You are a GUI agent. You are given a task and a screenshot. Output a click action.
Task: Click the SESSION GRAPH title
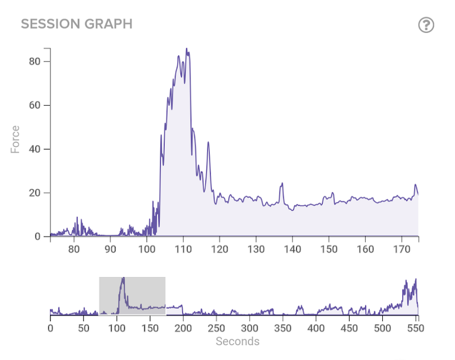tap(76, 24)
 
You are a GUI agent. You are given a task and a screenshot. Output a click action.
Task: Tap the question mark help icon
tap(426, 25)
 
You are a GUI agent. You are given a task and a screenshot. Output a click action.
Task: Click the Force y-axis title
tap(15, 139)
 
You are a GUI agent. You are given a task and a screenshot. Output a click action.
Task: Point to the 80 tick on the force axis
tap(36, 61)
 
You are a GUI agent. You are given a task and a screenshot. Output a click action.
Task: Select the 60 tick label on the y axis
tap(36, 105)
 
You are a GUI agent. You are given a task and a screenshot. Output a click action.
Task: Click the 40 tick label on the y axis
tap(36, 149)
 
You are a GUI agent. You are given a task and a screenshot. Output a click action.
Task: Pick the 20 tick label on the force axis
tap(36, 193)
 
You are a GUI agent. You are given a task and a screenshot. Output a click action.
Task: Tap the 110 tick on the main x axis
tap(183, 249)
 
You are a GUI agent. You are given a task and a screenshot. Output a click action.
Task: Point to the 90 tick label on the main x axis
tap(110, 249)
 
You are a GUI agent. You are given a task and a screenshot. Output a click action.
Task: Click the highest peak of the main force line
tap(187, 49)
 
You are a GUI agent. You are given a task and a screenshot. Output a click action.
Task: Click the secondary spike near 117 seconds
tap(209, 142)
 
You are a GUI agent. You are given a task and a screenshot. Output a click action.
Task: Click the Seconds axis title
tap(237, 342)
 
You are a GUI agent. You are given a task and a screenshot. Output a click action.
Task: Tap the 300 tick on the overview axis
tap(250, 329)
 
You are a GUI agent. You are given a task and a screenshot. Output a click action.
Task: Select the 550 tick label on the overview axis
tap(416, 329)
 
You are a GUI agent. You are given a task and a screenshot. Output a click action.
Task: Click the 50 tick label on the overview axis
tap(84, 329)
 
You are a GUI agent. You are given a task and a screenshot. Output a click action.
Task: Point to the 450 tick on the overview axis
tap(350, 329)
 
